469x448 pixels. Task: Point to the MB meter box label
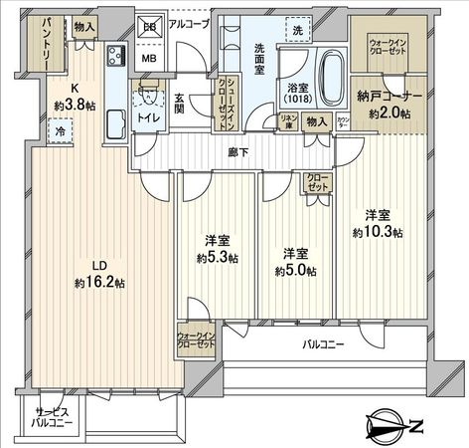pos(151,58)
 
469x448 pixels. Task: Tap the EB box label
pos(150,27)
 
